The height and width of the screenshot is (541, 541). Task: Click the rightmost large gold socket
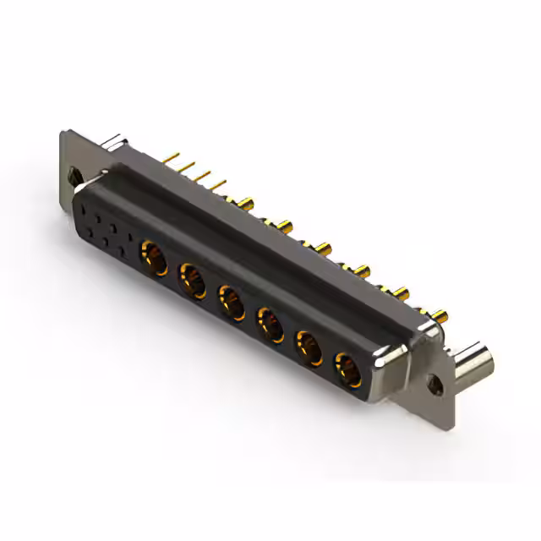pyautogui.click(x=348, y=369)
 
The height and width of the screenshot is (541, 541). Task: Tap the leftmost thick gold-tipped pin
pyautogui.click(x=246, y=203)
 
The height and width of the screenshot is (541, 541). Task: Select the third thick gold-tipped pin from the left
pyautogui.click(x=324, y=248)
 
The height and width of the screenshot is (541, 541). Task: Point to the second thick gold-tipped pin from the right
pyautogui.click(x=401, y=293)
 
